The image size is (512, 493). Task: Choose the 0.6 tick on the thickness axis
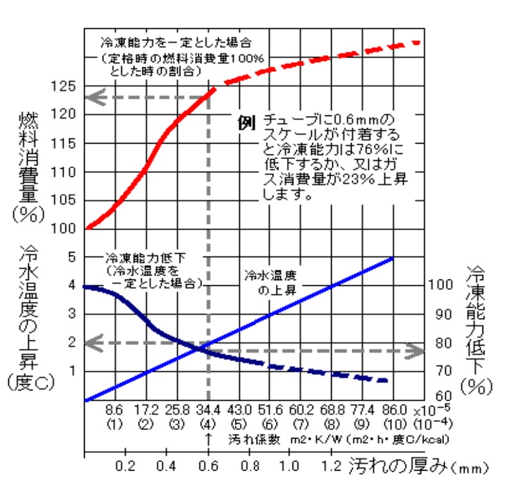[x=207, y=465]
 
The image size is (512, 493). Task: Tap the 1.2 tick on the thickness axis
[x=331, y=465]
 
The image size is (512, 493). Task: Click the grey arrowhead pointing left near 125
[x=95, y=98]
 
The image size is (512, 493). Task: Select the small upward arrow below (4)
[x=207, y=439]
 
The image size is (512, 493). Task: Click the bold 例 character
[x=248, y=122]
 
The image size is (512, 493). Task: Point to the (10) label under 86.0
[x=393, y=424]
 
